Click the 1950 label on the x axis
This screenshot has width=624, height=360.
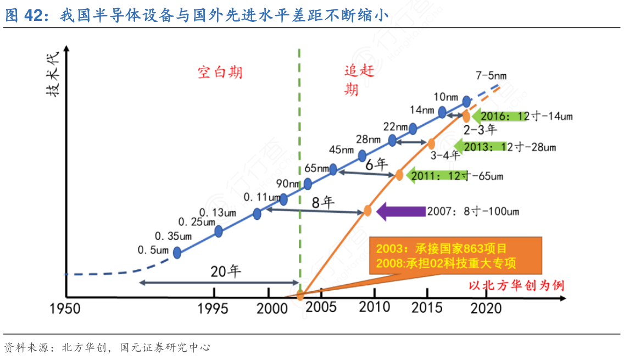click(x=64, y=309)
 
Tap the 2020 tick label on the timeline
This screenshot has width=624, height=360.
click(x=486, y=308)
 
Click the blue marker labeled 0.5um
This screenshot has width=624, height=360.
click(x=177, y=252)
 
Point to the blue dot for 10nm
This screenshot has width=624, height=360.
click(x=466, y=101)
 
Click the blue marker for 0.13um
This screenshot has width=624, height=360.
click(x=257, y=214)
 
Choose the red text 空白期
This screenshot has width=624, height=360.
click(x=220, y=72)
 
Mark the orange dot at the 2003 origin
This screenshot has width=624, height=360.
click(x=300, y=296)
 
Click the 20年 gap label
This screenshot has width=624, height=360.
click(x=226, y=272)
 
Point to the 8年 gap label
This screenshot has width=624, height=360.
click(x=323, y=202)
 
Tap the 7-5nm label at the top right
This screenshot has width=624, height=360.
click(x=492, y=76)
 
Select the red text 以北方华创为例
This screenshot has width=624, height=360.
click(x=516, y=285)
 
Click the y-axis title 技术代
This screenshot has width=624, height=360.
click(x=53, y=79)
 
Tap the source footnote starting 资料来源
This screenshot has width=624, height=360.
click(x=107, y=347)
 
